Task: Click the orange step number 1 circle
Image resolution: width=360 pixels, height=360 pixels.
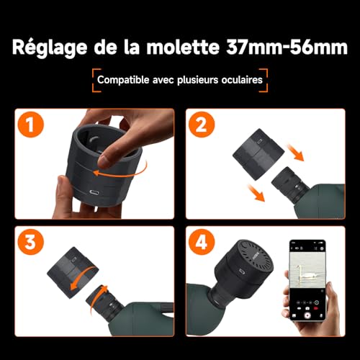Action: (x=31, y=125)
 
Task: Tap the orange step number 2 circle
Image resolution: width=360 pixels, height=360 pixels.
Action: (x=202, y=125)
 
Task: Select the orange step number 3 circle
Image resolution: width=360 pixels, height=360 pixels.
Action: (x=31, y=242)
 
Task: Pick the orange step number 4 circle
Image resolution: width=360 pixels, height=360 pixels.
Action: (x=202, y=242)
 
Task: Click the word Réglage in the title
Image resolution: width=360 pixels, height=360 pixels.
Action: (x=50, y=48)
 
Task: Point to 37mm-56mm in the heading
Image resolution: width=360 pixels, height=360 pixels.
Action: (x=287, y=47)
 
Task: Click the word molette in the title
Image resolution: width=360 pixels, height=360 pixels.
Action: (x=183, y=47)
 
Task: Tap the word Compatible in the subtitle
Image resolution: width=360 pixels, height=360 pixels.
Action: (x=123, y=80)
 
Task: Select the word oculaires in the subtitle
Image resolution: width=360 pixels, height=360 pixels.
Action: (x=242, y=80)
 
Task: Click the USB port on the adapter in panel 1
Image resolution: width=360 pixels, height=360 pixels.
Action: (x=95, y=192)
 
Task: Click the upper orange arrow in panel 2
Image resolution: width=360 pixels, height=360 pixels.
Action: (x=295, y=153)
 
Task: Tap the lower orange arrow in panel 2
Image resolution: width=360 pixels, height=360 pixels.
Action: (x=256, y=193)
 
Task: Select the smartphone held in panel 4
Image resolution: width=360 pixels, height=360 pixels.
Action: (x=307, y=280)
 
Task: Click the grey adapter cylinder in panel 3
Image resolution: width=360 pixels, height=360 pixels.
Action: (x=73, y=272)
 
